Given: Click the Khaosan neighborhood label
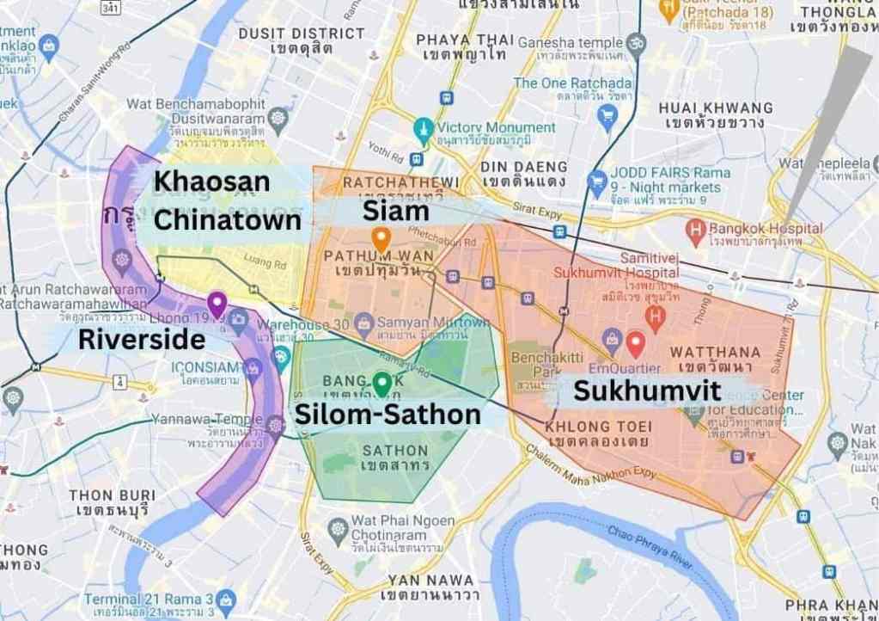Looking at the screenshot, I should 211,181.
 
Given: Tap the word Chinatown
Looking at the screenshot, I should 227,220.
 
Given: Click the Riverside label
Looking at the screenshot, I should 142,339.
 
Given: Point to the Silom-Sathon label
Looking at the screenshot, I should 388,415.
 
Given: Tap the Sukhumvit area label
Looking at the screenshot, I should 647,390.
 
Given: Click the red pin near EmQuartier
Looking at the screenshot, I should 635,343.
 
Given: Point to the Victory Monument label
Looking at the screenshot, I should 497,127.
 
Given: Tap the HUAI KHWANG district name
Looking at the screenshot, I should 715,108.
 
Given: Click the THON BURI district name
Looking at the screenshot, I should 112,495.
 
